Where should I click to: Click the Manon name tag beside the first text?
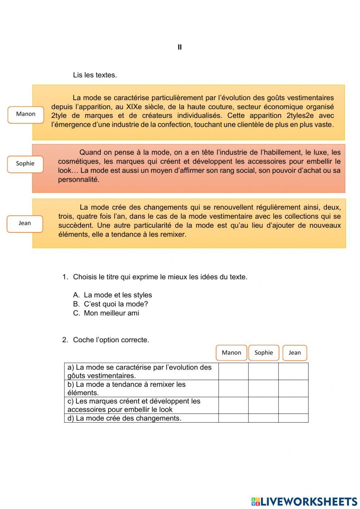(26, 115)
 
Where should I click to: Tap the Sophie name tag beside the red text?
(25, 164)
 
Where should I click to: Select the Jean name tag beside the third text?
(25, 224)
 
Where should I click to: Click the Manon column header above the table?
(231, 353)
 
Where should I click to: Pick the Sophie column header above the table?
(264, 353)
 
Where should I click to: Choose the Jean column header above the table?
(294, 353)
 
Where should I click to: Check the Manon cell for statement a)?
(233, 371)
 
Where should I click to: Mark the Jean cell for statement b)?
(293, 388)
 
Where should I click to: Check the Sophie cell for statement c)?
(263, 405)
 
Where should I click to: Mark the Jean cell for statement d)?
(293, 418)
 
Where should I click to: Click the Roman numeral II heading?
(180, 47)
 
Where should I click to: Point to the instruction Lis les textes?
(95, 75)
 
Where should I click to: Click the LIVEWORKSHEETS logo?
(304, 501)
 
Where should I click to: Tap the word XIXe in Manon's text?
(135, 107)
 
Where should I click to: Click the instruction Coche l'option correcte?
(111, 340)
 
